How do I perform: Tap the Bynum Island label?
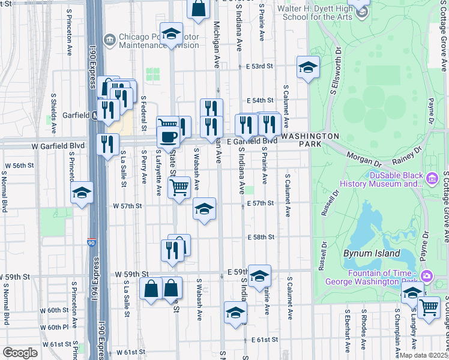click(372, 253)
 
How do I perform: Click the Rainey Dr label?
click(405, 158)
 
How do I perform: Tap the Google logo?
click(20, 353)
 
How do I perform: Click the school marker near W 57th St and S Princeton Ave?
click(82, 193)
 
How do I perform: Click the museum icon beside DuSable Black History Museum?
click(432, 178)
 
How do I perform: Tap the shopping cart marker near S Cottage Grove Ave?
click(429, 308)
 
